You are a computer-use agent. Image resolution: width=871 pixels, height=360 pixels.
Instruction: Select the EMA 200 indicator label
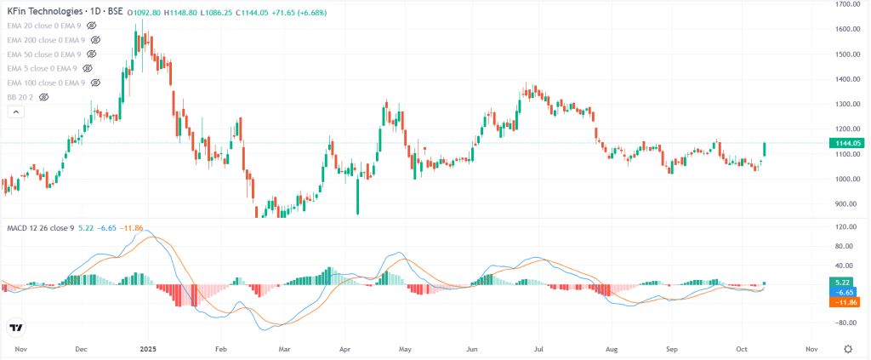coord(46,40)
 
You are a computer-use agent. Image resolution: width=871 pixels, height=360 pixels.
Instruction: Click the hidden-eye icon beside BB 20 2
coord(43,98)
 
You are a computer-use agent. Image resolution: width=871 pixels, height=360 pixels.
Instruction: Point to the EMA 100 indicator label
coord(46,83)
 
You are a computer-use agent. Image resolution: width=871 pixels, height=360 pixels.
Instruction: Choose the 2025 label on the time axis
coord(147,349)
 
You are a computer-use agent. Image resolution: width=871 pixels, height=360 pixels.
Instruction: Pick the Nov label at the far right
coord(811,349)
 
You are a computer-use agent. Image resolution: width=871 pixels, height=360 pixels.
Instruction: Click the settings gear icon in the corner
coord(847,349)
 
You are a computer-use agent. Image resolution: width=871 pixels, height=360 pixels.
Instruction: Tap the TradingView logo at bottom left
coord(16,327)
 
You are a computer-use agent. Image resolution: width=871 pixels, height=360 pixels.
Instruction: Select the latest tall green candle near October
coord(765,150)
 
